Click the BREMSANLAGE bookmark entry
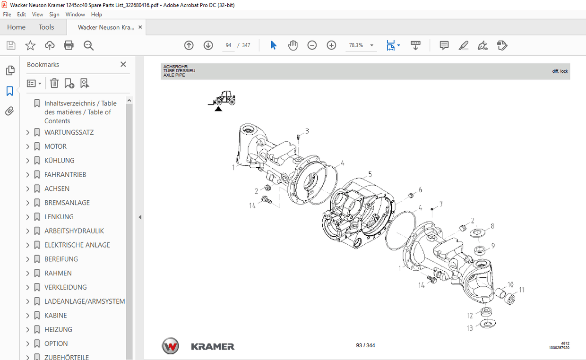point(67,203)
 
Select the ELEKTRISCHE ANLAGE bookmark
point(77,245)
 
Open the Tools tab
point(46,27)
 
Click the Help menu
point(96,15)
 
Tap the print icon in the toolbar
point(69,45)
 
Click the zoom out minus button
point(312,45)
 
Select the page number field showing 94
point(228,45)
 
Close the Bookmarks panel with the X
point(123,64)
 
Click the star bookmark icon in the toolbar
point(30,45)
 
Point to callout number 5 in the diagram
point(370,174)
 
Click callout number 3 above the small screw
point(307,131)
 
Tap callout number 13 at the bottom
point(470,328)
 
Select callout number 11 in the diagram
point(521,290)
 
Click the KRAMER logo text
point(213,347)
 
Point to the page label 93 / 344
point(365,345)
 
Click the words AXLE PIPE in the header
point(174,75)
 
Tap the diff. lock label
point(560,71)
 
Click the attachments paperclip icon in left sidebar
point(9,111)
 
